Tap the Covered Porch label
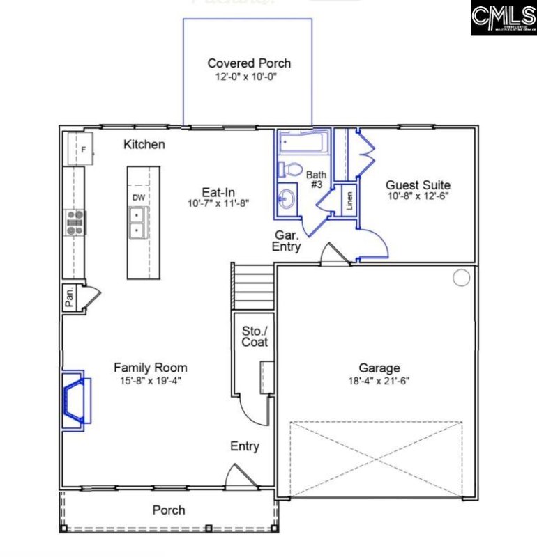249,63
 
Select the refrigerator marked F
82,149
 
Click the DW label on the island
139,197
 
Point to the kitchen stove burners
75,222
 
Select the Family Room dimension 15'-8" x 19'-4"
150,381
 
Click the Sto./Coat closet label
255,336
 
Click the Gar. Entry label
287,241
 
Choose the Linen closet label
349,201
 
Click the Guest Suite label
418,185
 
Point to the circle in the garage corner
461,278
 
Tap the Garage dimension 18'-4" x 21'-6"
379,381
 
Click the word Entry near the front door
245,446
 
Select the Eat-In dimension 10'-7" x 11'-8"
218,203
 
